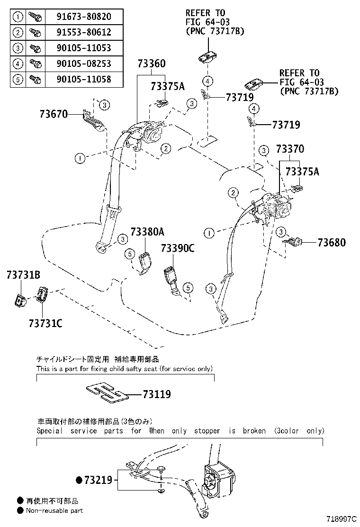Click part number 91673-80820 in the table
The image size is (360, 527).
point(84,17)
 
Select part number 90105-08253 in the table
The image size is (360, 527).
point(84,63)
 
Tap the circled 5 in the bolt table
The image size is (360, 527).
point(18,79)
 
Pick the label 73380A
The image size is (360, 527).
point(147,232)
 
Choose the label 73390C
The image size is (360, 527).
point(178,248)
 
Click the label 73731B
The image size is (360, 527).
point(23,275)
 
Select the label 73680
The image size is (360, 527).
point(332,243)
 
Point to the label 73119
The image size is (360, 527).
point(156,394)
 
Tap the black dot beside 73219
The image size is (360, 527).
point(79,481)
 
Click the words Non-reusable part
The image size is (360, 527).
point(54,510)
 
